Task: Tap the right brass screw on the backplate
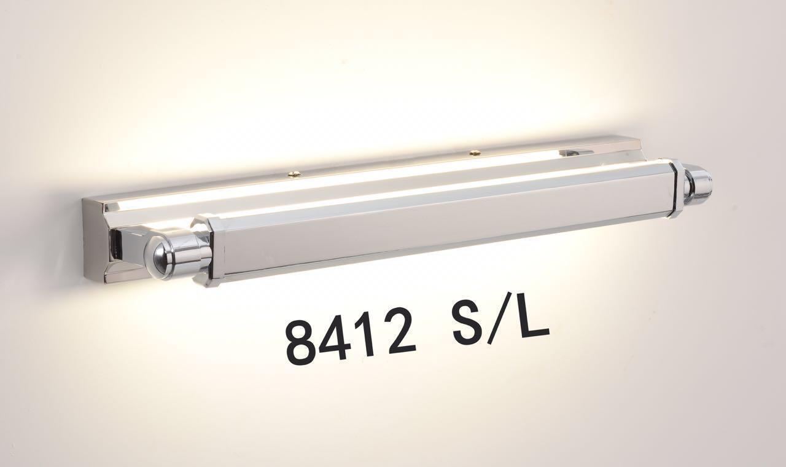(x=475, y=153)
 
